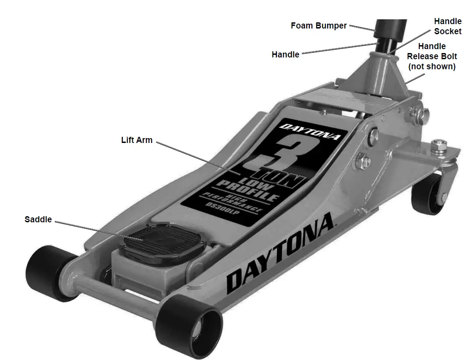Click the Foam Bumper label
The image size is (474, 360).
(x=318, y=25)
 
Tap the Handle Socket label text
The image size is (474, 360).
(x=447, y=26)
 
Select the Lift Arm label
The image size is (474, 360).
(x=137, y=140)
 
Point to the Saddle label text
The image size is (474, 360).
(x=38, y=219)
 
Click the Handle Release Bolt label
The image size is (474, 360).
(x=432, y=56)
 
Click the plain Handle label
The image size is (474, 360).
(x=285, y=55)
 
